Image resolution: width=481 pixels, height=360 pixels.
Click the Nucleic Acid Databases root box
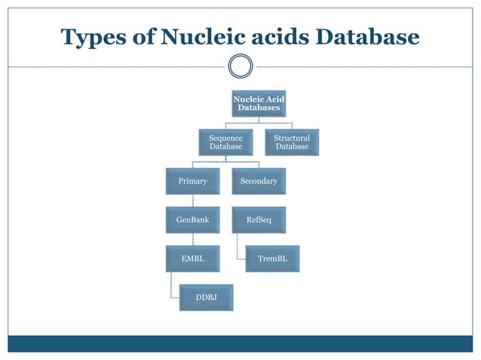(259, 104)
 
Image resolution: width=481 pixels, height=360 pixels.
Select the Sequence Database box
(225, 142)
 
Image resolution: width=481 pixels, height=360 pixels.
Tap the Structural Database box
(292, 142)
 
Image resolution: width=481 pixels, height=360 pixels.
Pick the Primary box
(192, 182)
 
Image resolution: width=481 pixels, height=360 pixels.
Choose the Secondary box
(259, 182)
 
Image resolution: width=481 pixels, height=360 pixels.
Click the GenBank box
(192, 220)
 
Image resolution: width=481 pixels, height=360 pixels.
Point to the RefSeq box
(259, 220)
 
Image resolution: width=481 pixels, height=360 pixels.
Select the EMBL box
(192, 258)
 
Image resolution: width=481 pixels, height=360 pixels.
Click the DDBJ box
(206, 297)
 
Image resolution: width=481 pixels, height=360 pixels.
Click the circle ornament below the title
(240, 66)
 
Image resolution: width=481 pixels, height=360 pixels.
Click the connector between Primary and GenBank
(193, 200)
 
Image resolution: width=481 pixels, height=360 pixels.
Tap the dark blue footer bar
(240, 343)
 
